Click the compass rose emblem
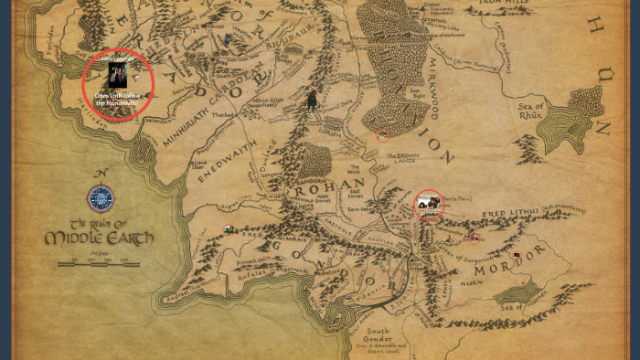coord(101,198)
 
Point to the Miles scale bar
coord(100,263)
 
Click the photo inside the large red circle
coord(117,75)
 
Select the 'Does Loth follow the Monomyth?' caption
coord(117,99)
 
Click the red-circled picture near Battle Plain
coord(427,205)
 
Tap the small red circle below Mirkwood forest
coord(384,135)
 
